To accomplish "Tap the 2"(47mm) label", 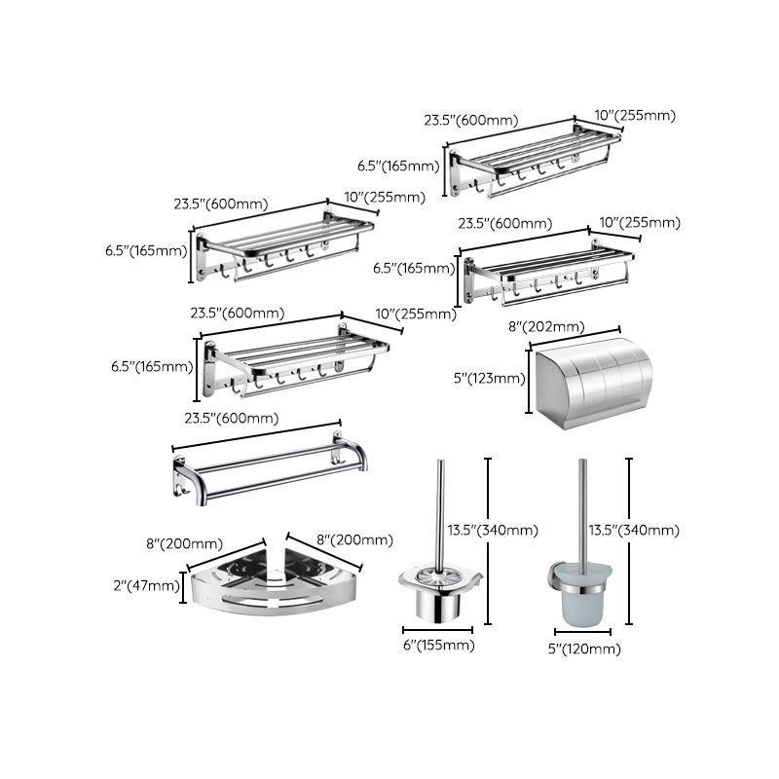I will [145, 585].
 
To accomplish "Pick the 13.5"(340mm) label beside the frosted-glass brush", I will [634, 530].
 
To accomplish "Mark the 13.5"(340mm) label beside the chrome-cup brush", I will [493, 530].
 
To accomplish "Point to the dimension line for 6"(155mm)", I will [433, 631].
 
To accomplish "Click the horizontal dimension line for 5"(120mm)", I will [584, 633].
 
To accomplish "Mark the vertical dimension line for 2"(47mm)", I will [184, 587].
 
